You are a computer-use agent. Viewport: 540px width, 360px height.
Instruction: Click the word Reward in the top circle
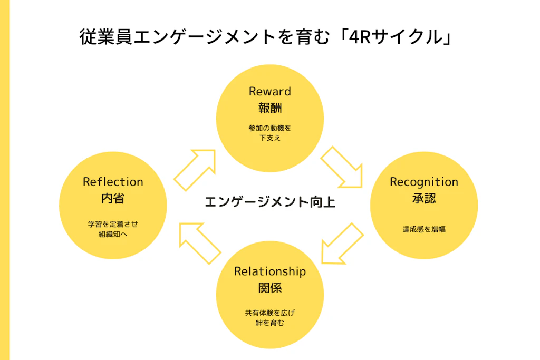tap(269, 91)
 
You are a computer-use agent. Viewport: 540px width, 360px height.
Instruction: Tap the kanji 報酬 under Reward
tap(269, 108)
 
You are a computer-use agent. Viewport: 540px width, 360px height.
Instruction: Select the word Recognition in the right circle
tap(423, 182)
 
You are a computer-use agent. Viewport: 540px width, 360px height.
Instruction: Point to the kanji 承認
tap(423, 199)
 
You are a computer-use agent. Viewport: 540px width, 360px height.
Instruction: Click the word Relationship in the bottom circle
tap(269, 271)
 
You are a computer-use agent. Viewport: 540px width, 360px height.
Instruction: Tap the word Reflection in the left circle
tap(113, 182)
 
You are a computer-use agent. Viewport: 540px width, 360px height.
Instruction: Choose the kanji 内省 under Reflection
tap(113, 199)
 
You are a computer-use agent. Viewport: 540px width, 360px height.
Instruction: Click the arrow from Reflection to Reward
tap(196, 169)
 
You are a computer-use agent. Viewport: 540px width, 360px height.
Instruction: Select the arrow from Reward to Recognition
tap(341, 167)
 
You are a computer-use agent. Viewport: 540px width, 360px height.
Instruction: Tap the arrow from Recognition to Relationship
tap(343, 242)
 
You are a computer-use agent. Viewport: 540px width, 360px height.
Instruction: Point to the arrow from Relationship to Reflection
tap(199, 242)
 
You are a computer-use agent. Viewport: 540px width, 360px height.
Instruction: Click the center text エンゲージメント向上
tap(269, 201)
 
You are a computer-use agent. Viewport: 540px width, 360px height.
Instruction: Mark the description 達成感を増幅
tap(423, 229)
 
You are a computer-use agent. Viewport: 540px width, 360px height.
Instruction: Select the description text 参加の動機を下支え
tap(269, 133)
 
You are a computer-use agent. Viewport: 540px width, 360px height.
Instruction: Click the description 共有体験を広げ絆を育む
tap(269, 318)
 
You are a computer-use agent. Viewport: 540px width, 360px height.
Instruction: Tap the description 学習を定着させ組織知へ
tap(113, 229)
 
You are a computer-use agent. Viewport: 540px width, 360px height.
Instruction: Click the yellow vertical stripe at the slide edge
tap(5, 180)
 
